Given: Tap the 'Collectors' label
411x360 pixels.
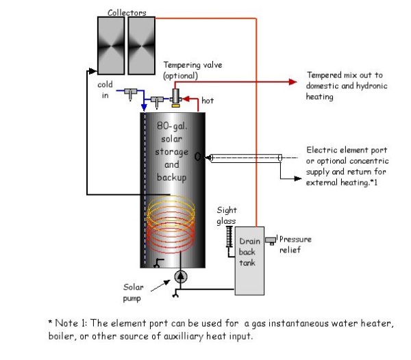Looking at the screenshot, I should (127, 12).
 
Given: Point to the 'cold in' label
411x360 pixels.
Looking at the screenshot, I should (105, 90).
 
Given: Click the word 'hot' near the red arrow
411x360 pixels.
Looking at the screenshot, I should (208, 101).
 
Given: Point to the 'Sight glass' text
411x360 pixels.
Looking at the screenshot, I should (226, 216).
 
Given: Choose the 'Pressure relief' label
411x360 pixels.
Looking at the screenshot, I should (295, 244).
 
